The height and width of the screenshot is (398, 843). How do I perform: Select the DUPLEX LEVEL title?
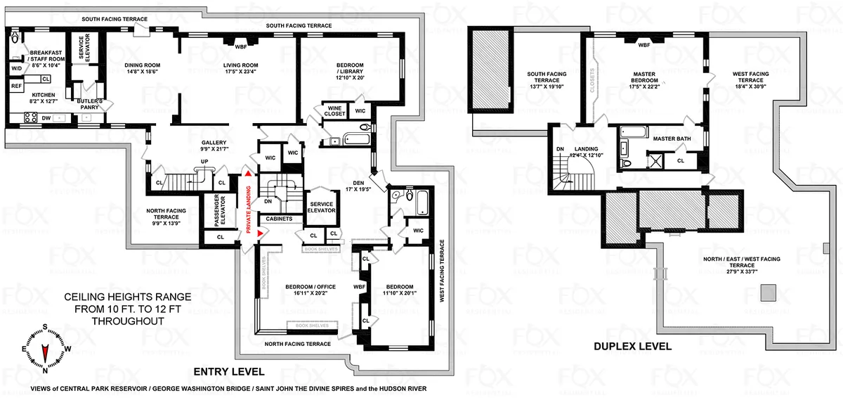click(x=632, y=346)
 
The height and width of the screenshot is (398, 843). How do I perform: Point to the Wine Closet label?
click(x=332, y=110)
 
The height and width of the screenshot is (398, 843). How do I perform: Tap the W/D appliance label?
click(x=15, y=68)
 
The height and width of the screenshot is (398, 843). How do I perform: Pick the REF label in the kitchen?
click(x=16, y=86)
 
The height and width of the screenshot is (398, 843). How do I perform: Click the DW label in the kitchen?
click(x=46, y=118)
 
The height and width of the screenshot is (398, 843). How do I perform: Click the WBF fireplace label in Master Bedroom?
click(x=643, y=45)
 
